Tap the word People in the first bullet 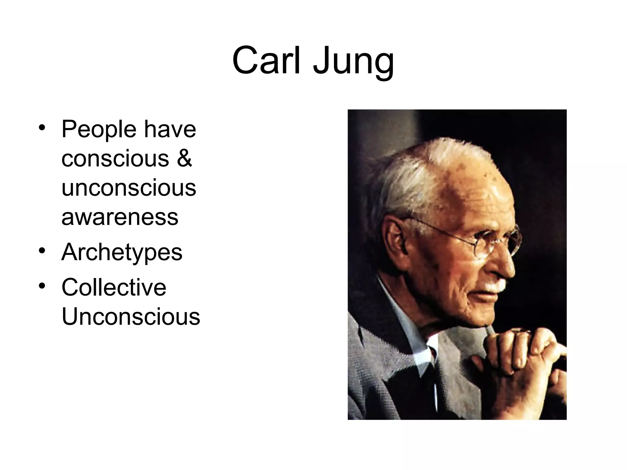click(99, 130)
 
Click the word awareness click(120, 217)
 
